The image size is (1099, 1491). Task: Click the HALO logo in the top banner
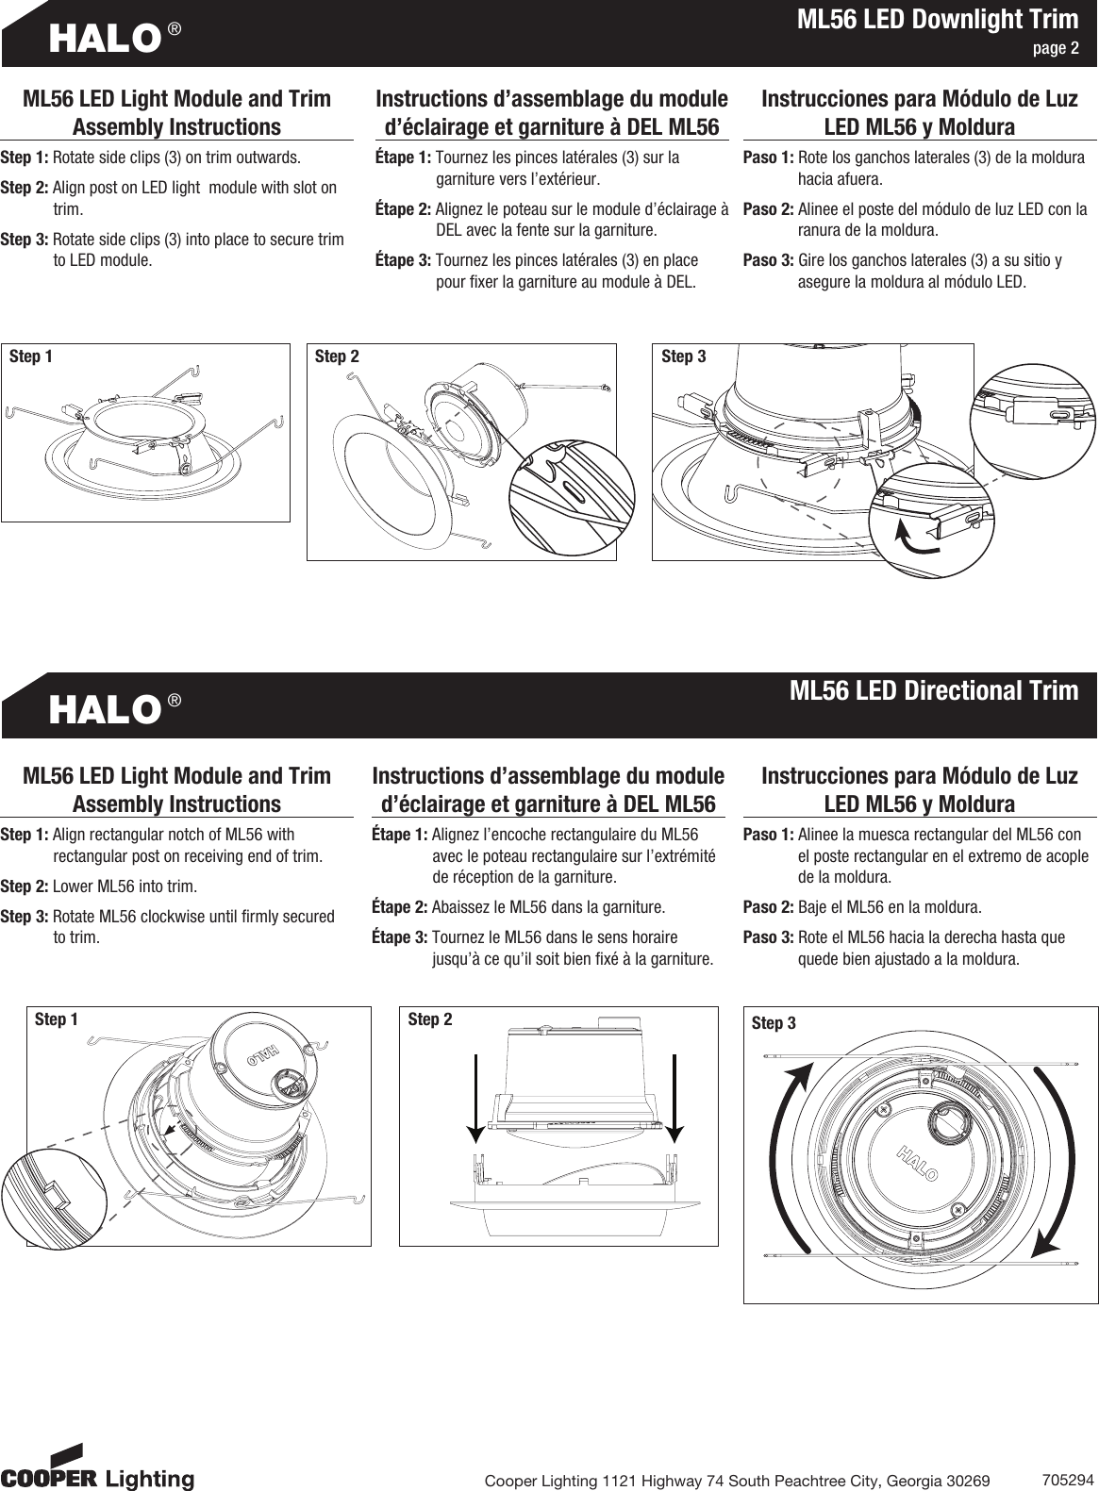coord(104,38)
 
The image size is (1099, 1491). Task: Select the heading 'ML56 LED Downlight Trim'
coord(937,20)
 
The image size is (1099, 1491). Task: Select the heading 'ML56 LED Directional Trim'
coord(933,690)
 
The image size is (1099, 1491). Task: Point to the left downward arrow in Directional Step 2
coord(475,1094)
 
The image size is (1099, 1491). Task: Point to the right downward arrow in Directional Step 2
coord(675,1094)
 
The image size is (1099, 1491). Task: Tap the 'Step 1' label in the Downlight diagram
coord(30,356)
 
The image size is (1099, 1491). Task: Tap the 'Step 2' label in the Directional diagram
coord(429,1019)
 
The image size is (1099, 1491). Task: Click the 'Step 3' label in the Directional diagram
coord(774,1023)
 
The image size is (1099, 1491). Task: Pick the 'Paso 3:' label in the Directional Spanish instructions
coord(768,938)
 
